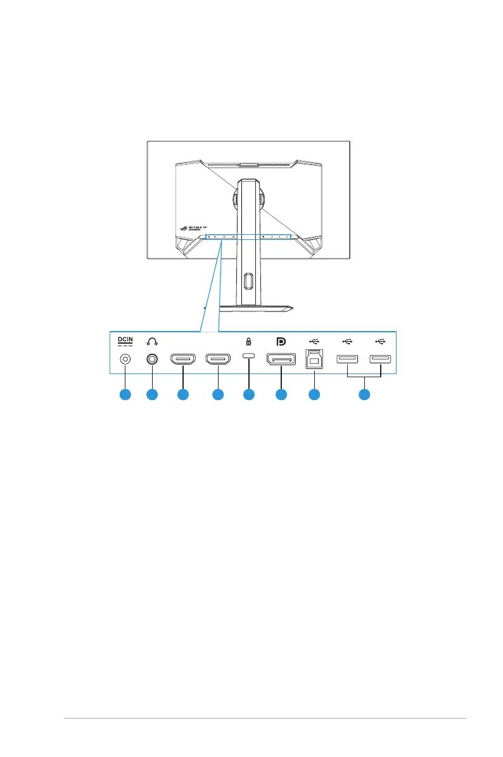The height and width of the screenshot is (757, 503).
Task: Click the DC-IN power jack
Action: (125, 360)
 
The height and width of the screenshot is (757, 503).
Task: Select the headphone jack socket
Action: (151, 360)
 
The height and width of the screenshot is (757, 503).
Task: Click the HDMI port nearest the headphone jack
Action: (182, 361)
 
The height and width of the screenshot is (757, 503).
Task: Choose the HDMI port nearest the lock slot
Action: (217, 361)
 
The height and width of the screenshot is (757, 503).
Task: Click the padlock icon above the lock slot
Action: (248, 342)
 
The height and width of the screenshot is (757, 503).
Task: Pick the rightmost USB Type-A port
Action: (381, 360)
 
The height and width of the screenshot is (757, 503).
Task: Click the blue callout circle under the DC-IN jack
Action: (125, 395)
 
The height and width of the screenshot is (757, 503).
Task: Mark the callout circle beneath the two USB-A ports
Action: (364, 395)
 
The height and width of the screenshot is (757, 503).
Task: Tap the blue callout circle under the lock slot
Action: (248, 395)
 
